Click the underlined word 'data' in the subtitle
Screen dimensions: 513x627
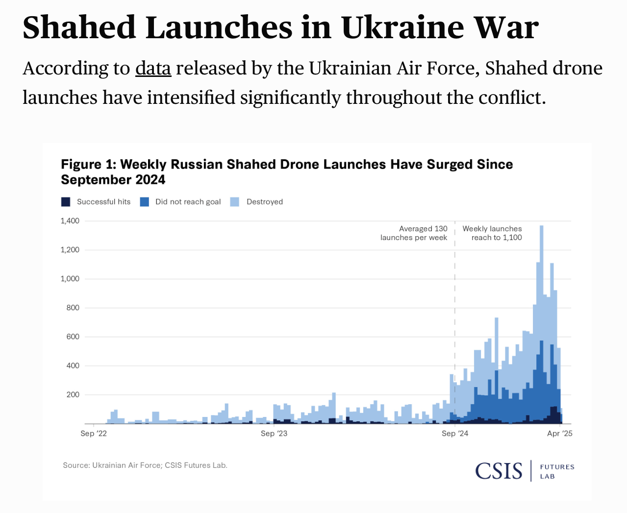[x=153, y=69]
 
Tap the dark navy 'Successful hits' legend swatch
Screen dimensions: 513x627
[x=66, y=202]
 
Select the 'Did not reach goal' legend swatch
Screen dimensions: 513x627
[x=144, y=202]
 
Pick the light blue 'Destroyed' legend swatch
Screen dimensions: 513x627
[x=235, y=202]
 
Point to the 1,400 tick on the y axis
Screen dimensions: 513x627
[x=70, y=221]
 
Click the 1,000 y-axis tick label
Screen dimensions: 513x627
[x=70, y=279]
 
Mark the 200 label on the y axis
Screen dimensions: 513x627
[x=73, y=394]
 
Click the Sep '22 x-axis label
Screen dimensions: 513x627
[x=94, y=433]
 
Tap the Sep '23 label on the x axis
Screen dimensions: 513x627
[x=274, y=433]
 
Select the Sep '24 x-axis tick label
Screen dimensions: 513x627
[x=455, y=433]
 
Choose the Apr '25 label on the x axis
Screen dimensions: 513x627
[x=560, y=433]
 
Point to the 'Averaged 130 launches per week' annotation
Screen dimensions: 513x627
[x=414, y=233]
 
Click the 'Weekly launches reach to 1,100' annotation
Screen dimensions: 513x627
[x=493, y=233]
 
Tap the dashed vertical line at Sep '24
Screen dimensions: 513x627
[x=455, y=304]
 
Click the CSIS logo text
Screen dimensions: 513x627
[x=499, y=471]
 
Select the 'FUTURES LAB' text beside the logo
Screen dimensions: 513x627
[x=556, y=471]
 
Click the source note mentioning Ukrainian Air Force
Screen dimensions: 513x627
[x=145, y=465]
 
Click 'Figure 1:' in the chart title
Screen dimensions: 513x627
[x=88, y=165]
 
